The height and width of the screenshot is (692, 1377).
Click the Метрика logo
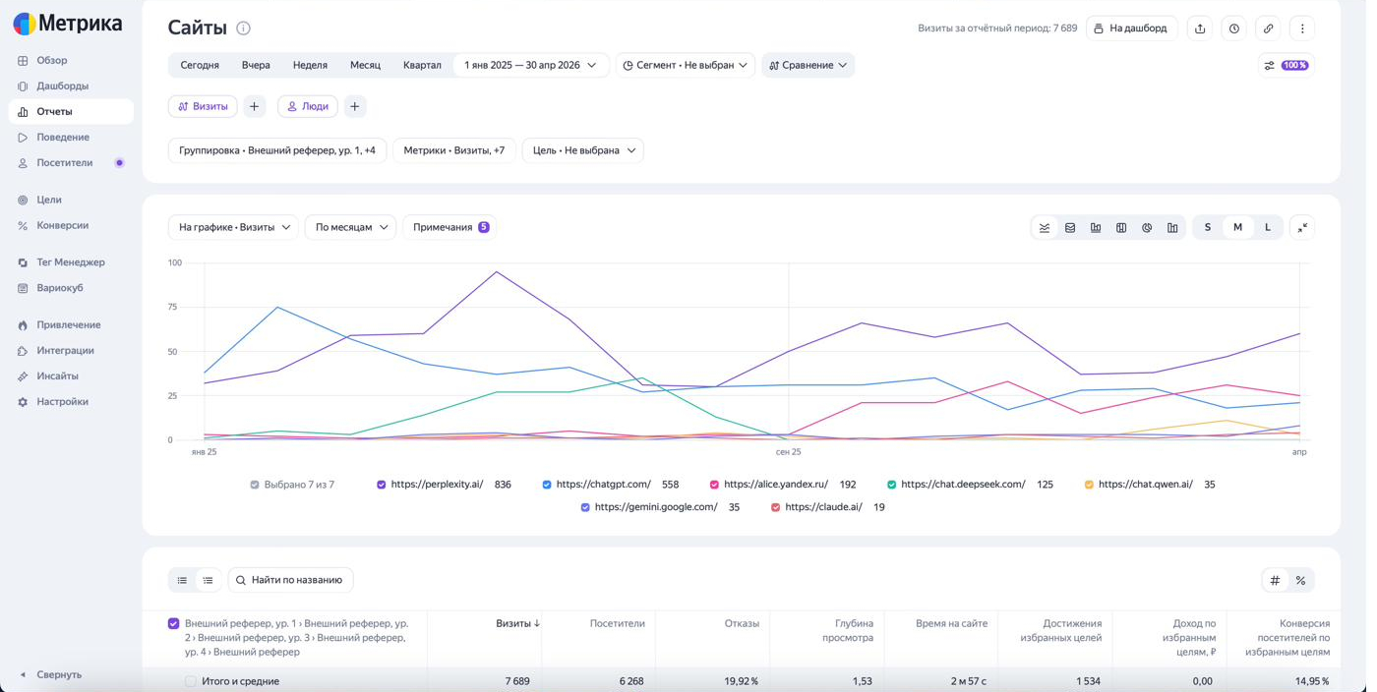68,24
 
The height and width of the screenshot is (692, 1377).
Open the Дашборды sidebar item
62,86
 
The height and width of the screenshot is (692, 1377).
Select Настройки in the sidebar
62,402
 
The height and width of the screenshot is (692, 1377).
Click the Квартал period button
422,65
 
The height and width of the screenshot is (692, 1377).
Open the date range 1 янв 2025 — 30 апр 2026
530,65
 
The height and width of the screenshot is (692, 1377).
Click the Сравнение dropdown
808,65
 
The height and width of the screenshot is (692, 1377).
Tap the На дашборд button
1131,29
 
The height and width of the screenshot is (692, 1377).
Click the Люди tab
308,106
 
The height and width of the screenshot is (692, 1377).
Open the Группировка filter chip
277,150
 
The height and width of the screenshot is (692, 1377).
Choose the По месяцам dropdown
351,227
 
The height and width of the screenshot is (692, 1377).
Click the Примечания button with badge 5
450,227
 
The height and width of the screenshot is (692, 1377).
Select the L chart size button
1268,227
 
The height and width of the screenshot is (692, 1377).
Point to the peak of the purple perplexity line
496,271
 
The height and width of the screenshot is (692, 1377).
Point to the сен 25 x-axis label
788,452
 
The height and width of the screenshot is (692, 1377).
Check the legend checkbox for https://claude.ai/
775,507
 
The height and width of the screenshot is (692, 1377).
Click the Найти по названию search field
291,580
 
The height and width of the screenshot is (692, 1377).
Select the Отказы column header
742,624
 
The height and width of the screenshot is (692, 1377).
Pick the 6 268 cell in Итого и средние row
631,681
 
